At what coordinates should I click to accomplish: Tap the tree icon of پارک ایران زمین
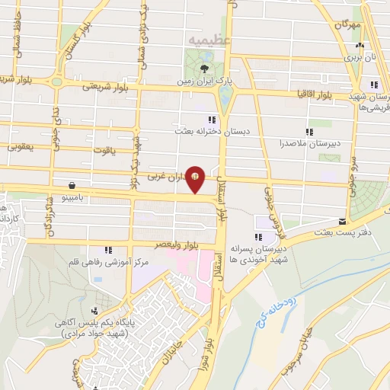[203, 68]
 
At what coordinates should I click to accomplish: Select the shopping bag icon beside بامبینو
[72, 184]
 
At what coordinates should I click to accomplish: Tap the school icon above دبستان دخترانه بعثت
[212, 120]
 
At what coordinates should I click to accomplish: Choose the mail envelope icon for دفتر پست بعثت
[308, 223]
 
